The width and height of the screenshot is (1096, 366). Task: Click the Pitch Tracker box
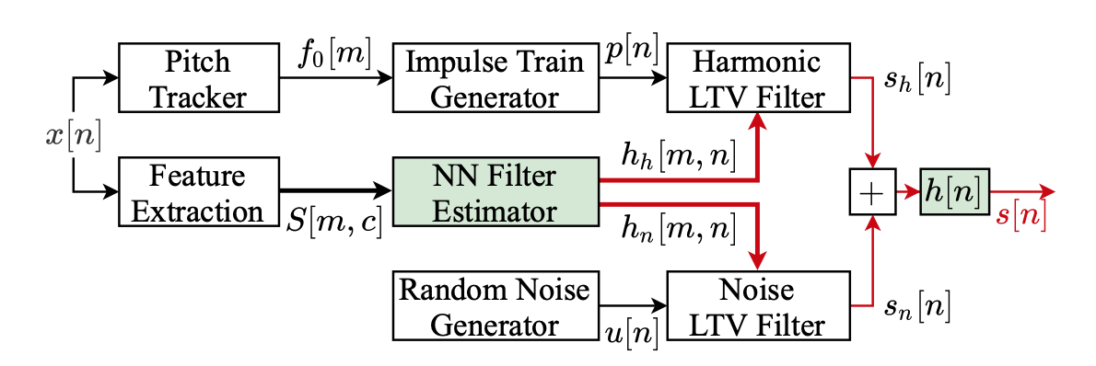tap(198, 78)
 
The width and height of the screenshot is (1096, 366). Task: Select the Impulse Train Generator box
tap(496, 78)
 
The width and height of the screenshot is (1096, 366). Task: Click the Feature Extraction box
tap(198, 192)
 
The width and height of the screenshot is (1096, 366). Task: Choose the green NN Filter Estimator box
tap(496, 192)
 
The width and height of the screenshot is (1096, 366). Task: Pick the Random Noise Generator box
tap(496, 305)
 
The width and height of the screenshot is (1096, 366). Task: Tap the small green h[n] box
tap(955, 192)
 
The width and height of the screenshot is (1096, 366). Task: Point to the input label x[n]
tap(72, 136)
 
